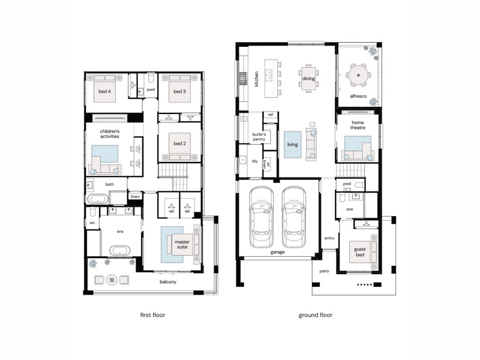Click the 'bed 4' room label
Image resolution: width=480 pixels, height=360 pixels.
click(104, 91)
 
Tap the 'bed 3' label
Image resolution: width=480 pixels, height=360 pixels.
click(179, 91)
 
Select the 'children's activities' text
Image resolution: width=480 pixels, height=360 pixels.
click(110, 134)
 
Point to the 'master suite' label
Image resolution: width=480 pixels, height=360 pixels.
click(182, 244)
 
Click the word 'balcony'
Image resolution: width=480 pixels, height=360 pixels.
click(168, 281)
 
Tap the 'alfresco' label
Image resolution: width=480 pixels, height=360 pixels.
click(358, 96)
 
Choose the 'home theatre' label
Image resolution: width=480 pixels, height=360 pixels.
click(358, 125)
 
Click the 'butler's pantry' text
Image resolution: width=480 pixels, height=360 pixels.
click(259, 137)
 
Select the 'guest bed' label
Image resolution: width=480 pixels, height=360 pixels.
click(360, 252)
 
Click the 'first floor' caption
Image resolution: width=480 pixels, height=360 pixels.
click(152, 314)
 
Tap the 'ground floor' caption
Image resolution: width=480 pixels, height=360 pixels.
click(316, 314)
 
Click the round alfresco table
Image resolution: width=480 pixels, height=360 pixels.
click(358, 75)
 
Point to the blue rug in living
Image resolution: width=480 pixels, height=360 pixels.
click(292, 145)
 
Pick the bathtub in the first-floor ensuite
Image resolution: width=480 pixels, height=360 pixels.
click(119, 250)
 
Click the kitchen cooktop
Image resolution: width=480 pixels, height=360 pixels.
click(243, 79)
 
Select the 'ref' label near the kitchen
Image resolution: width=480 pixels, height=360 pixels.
click(271, 115)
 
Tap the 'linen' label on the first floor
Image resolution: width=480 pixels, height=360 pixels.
click(136, 197)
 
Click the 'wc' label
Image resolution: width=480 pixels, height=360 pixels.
click(92, 223)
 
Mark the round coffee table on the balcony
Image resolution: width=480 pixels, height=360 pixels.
click(112, 280)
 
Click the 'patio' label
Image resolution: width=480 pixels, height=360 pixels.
click(324, 271)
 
